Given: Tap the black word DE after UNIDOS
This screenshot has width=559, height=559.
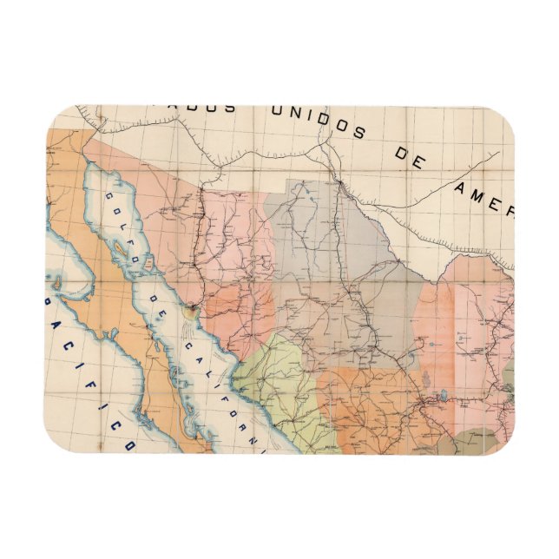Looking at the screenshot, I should pos(412,159).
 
